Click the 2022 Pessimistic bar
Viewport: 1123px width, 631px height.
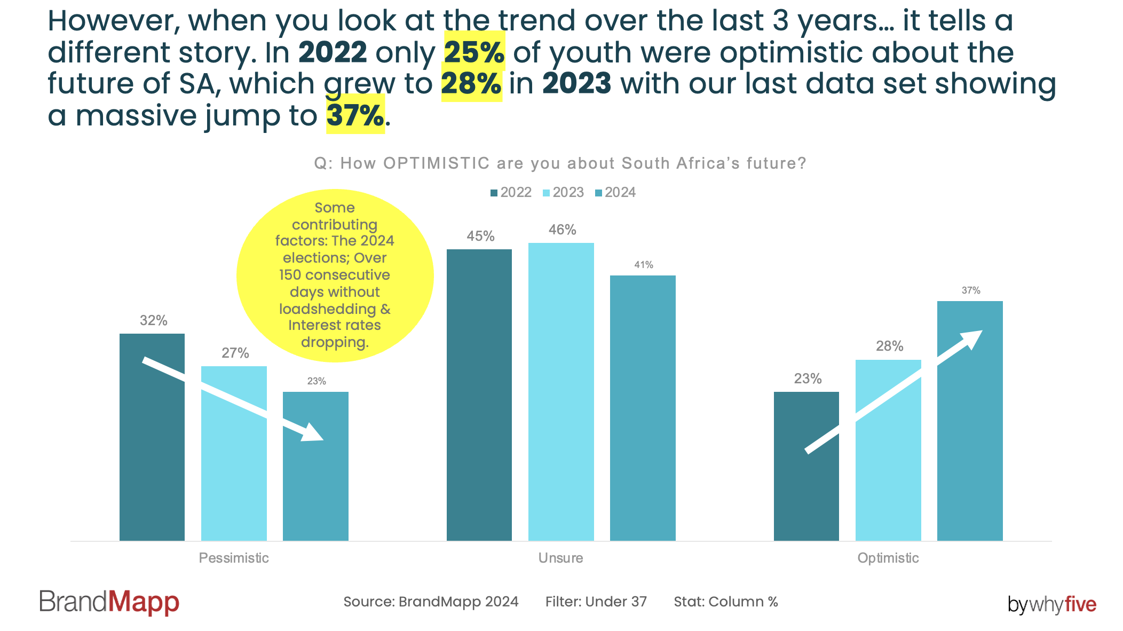152,437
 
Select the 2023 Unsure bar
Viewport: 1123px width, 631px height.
561,392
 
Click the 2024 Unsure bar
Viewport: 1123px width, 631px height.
643,408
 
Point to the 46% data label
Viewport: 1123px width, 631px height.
563,230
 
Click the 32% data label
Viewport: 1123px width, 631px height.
154,320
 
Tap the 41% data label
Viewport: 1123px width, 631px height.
644,265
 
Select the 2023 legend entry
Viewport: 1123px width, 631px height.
563,192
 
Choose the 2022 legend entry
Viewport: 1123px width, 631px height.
511,192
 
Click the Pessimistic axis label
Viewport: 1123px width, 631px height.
234,558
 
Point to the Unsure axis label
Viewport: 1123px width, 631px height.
560,558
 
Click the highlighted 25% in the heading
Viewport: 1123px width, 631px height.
474,52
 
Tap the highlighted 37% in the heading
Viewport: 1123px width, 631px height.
355,115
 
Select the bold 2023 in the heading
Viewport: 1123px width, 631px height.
576,84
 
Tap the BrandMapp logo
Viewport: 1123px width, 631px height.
109,602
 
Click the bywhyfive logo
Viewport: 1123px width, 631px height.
1052,604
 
